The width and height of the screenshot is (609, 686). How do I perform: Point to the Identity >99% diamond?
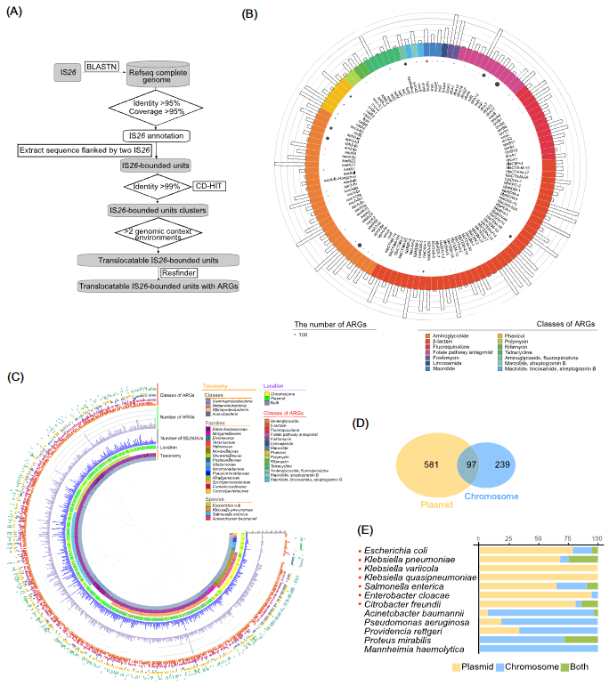[157, 185]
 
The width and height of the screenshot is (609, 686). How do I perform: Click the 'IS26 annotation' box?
[157, 135]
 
